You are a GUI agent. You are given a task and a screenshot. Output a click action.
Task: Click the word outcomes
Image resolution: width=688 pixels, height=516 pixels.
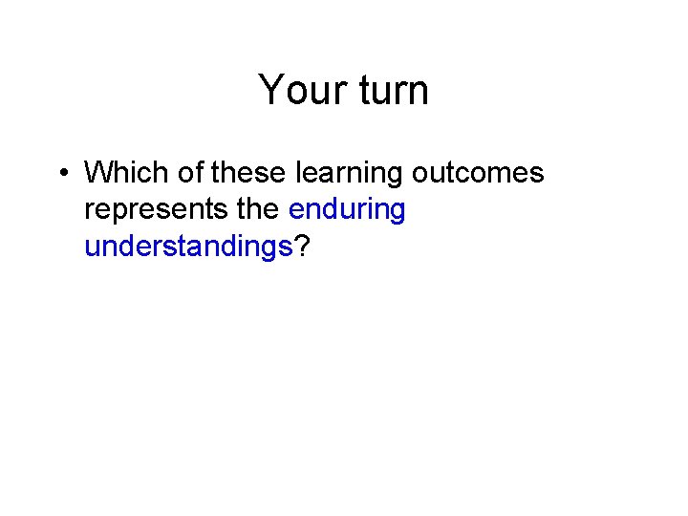[x=478, y=173]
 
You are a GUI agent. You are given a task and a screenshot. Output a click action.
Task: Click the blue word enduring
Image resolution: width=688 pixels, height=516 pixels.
[x=347, y=210]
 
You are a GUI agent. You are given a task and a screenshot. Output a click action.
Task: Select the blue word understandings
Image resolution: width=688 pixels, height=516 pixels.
[x=188, y=247]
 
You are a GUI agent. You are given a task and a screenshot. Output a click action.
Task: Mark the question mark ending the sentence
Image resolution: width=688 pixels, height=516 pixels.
[x=301, y=247]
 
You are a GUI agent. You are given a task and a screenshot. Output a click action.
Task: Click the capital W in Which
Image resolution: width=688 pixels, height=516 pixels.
[x=97, y=173]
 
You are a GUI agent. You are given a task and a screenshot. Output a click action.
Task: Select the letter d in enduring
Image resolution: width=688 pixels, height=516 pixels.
[x=335, y=209]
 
